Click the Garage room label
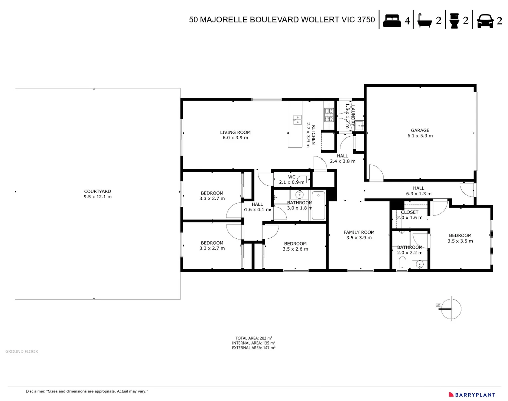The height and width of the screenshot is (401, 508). pyautogui.click(x=420, y=133)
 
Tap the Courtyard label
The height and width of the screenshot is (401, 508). pyautogui.click(x=97, y=194)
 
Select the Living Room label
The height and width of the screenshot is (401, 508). pyautogui.click(x=235, y=135)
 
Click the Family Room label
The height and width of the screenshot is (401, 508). pyautogui.click(x=359, y=235)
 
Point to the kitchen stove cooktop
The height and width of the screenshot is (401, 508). pyautogui.click(x=329, y=115)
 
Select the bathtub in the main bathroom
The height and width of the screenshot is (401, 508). pyautogui.click(x=318, y=205)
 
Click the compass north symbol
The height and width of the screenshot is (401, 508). pyautogui.click(x=450, y=308)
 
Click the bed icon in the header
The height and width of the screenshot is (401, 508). pyautogui.click(x=392, y=20)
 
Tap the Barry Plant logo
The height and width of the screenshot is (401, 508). pyautogui.click(x=472, y=395)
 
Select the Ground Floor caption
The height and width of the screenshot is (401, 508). pyautogui.click(x=22, y=351)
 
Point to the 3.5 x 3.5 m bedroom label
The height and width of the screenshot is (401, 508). pyautogui.click(x=460, y=238)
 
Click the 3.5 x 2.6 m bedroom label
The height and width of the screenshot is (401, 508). pyautogui.click(x=295, y=246)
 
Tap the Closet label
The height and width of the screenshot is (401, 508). pyautogui.click(x=410, y=212)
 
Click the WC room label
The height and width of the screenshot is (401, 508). pyautogui.click(x=292, y=177)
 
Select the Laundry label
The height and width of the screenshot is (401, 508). pyautogui.click(x=353, y=115)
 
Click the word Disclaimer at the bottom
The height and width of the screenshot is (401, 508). pyautogui.click(x=35, y=391)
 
